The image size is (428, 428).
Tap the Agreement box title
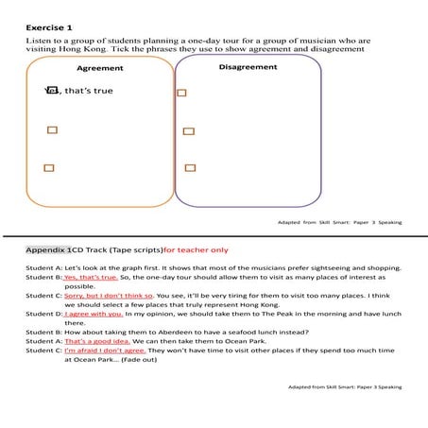click(99, 69)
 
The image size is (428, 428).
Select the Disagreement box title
click(247, 67)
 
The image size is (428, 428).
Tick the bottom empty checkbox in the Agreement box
click(49, 167)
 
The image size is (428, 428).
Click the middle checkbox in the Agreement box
click(52, 129)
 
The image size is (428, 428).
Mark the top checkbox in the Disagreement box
click(181, 93)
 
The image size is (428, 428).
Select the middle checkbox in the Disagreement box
click(188, 131)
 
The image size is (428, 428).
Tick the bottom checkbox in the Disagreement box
click(190, 167)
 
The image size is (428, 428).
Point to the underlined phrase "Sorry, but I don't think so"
click(109, 295)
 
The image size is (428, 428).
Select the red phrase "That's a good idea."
click(94, 340)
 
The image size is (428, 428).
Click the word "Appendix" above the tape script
click(46, 250)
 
